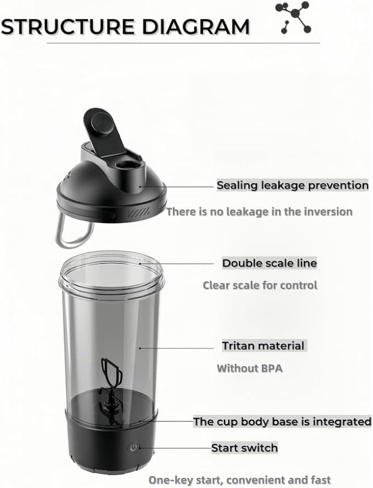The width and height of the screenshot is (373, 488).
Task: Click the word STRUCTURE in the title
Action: point(68,26)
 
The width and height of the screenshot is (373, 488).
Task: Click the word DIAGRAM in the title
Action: point(196,26)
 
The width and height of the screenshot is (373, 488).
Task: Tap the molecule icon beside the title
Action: point(293,18)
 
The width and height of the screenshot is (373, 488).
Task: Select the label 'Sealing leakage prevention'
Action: point(292,185)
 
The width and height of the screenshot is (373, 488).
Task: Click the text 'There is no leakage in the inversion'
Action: point(259,212)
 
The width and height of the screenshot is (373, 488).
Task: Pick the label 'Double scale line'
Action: point(270,264)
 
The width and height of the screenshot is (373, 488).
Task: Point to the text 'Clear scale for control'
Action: point(260,286)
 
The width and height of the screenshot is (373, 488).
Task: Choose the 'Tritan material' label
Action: point(263,346)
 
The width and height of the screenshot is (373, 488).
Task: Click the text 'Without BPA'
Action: point(249,369)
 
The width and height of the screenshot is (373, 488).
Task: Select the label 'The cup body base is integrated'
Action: point(282,422)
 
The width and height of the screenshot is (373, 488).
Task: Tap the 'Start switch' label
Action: point(244,448)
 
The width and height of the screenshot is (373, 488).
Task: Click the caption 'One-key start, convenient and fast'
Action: point(240,480)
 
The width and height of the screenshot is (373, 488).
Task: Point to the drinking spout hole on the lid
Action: point(127,164)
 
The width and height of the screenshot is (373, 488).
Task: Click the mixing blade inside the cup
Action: point(110,389)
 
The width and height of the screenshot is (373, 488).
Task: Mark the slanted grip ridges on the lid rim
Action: point(138,213)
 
